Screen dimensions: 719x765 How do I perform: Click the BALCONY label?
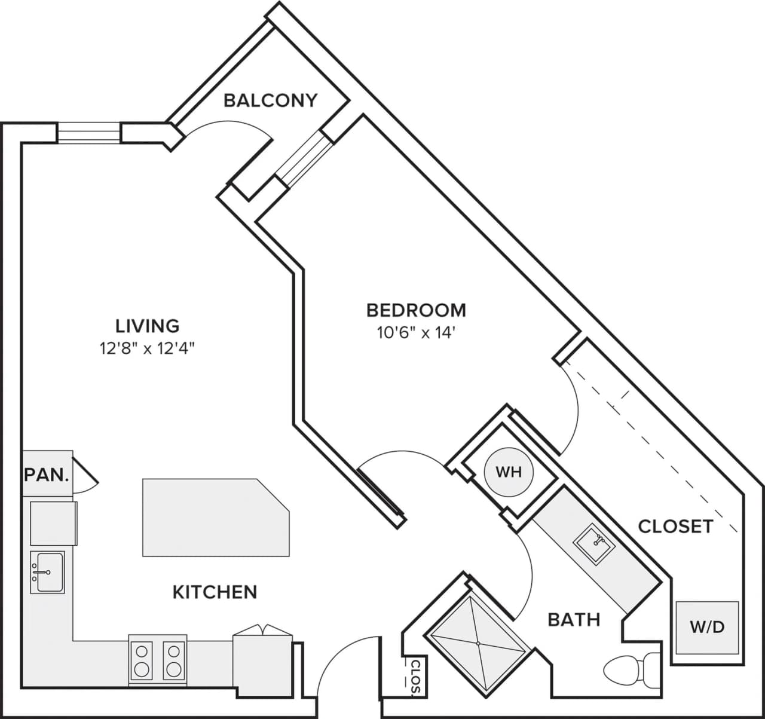[270, 100]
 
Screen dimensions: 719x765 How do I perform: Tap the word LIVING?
[148, 326]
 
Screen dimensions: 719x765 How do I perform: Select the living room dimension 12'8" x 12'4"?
[148, 348]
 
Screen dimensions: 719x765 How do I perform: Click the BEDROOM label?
[416, 310]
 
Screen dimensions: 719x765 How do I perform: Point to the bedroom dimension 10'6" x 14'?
[416, 333]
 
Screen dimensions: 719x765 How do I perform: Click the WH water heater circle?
[509, 472]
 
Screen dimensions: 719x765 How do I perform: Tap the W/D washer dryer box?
[707, 627]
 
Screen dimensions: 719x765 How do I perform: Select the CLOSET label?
[675, 526]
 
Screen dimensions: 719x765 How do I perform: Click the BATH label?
[574, 620]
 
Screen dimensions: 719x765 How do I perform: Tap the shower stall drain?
[478, 643]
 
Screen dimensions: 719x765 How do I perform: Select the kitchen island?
[215, 517]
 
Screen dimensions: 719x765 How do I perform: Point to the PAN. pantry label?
[47, 475]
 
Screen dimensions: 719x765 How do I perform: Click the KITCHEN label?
[215, 592]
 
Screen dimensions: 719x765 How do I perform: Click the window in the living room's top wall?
[89, 133]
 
